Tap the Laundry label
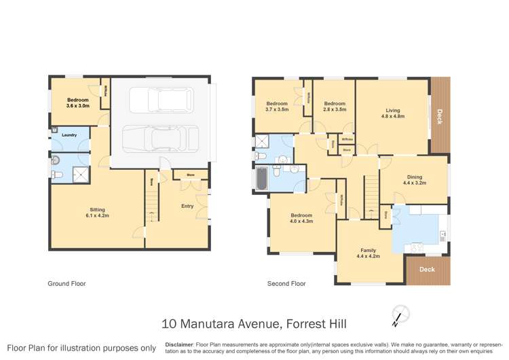click(x=69, y=135)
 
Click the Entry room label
click(x=187, y=206)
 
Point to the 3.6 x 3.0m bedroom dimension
click(x=77, y=106)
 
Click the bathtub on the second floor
click(x=261, y=179)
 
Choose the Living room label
click(x=392, y=110)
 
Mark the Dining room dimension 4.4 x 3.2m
click(x=414, y=183)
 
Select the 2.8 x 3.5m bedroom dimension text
click(x=335, y=109)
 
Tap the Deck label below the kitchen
click(x=427, y=269)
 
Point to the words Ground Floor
click(x=67, y=283)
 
